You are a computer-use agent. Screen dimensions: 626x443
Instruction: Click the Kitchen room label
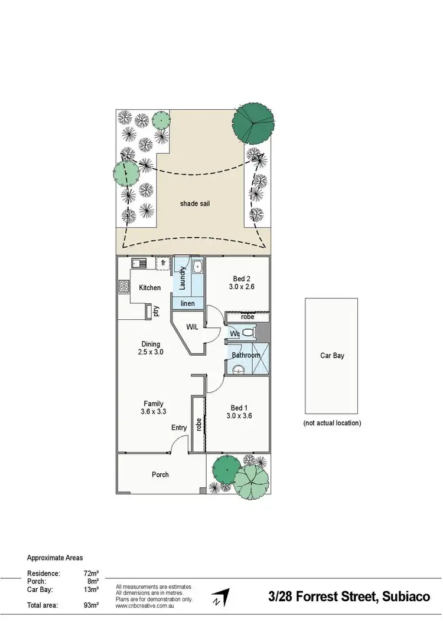(149, 288)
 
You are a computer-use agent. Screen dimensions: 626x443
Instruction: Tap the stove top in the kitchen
(125, 287)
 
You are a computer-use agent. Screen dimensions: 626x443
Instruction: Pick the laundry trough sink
(197, 267)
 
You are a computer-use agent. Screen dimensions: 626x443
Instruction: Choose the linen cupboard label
(188, 303)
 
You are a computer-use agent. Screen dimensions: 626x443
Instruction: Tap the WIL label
(192, 326)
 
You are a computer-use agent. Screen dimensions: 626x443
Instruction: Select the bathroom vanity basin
(239, 370)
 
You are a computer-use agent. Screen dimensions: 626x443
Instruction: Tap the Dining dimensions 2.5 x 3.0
(151, 352)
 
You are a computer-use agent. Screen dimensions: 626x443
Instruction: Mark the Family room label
(153, 404)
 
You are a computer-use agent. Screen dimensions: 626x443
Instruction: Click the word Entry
(178, 428)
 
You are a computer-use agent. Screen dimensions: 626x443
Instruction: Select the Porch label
(160, 474)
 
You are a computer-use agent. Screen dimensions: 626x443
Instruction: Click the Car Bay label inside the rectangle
(332, 356)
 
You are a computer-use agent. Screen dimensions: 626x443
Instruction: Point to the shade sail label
(195, 204)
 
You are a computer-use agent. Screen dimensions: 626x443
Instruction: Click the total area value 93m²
(90, 605)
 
